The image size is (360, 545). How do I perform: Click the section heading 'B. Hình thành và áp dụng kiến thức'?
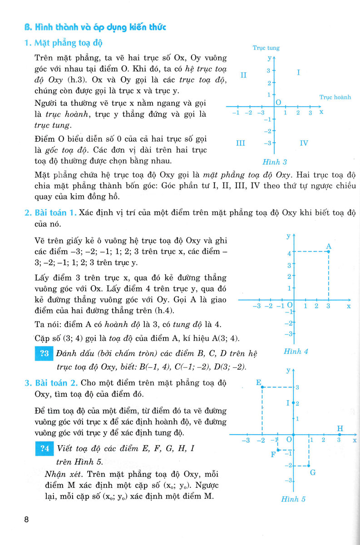click(95, 28)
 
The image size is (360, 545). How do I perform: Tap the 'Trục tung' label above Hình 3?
click(266, 48)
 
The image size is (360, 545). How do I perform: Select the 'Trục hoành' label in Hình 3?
click(335, 97)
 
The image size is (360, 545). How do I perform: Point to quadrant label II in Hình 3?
click(243, 75)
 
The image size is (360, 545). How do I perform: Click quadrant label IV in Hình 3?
click(304, 143)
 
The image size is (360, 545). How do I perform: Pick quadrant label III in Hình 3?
click(241, 143)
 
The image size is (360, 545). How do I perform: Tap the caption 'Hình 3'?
click(275, 162)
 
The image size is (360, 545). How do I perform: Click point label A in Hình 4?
click(329, 246)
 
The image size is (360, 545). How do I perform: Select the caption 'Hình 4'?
click(296, 351)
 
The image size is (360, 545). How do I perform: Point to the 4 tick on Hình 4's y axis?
click(288, 253)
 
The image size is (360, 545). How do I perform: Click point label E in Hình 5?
click(258, 382)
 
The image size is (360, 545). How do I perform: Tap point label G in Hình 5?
click(312, 472)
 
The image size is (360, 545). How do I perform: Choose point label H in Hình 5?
click(340, 429)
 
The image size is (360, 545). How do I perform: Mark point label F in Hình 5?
click(273, 454)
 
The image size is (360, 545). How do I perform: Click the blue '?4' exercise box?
click(44, 449)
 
